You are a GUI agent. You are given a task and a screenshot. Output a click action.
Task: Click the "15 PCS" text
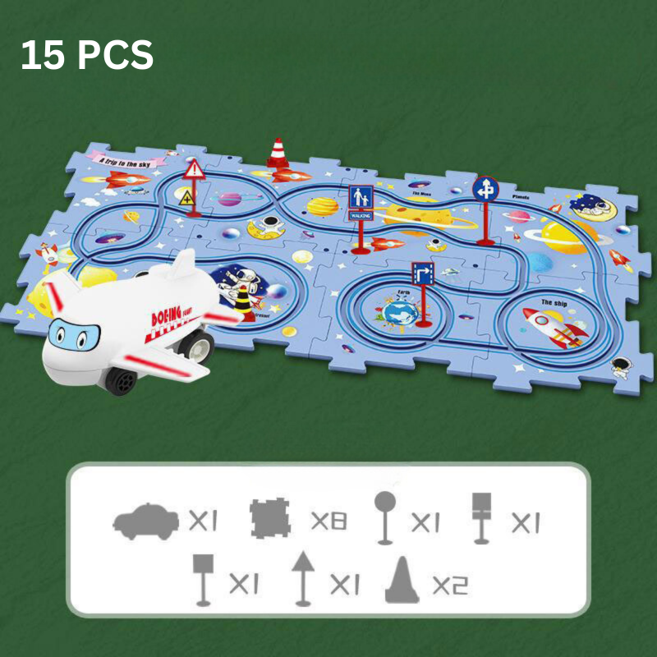(x=87, y=56)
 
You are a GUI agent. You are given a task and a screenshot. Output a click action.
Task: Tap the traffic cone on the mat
(x=277, y=154)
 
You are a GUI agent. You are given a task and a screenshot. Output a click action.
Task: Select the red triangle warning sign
(x=194, y=171)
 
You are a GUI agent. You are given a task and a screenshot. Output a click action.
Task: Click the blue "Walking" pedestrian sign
(x=361, y=199)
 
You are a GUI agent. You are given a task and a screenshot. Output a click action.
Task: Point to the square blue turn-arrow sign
(x=422, y=273)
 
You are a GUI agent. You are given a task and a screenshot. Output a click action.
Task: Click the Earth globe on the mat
(x=397, y=312)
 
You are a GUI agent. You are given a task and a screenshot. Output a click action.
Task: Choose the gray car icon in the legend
(x=146, y=521)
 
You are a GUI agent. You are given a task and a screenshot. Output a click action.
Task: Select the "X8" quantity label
(x=328, y=521)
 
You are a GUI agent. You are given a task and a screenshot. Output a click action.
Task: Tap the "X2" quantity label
(x=450, y=585)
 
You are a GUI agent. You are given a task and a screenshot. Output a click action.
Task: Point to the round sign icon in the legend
(x=384, y=517)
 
